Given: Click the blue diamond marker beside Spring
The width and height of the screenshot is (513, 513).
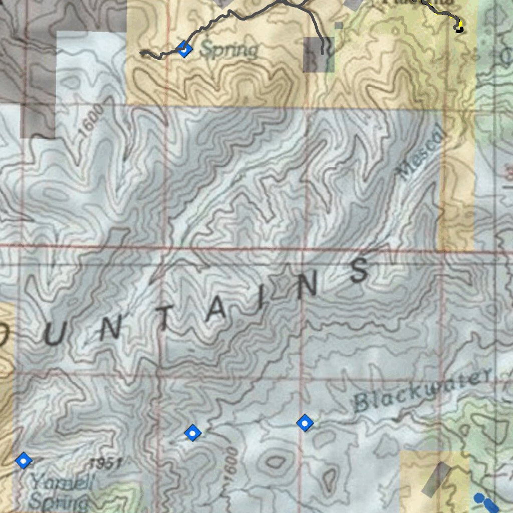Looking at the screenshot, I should pos(184,49).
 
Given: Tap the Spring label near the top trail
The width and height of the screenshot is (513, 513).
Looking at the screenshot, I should pos(229,50).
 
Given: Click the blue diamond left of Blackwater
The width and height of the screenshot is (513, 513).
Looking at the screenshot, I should pos(305,423).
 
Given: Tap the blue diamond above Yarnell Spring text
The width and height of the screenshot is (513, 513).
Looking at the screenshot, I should pos(24,460).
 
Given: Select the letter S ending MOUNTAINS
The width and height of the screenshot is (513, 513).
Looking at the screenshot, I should pos(360,271).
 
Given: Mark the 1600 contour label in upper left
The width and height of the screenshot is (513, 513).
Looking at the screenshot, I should pos(92,121).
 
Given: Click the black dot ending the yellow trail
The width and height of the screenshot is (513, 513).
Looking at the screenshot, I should pos(458,29).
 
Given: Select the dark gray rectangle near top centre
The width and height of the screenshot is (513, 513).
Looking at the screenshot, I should pos(318,54).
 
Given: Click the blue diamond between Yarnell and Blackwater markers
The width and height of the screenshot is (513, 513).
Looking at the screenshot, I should pos(192,432).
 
